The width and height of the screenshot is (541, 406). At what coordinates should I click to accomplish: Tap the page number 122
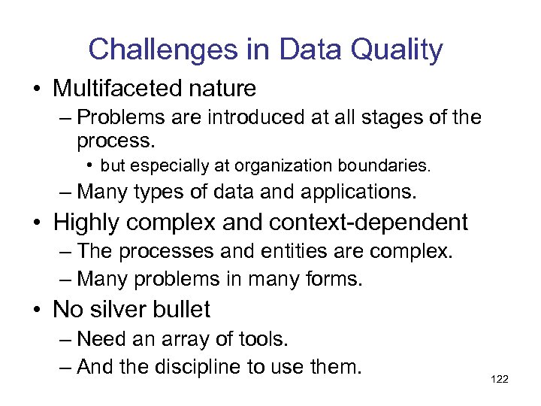499,379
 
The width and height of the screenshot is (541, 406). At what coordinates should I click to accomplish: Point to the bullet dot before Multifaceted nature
37,89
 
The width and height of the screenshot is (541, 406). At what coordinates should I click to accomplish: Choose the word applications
358,192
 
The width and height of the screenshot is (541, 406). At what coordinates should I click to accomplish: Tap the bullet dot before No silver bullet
37,310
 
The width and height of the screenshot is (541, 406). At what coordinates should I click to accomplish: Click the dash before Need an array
65,340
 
